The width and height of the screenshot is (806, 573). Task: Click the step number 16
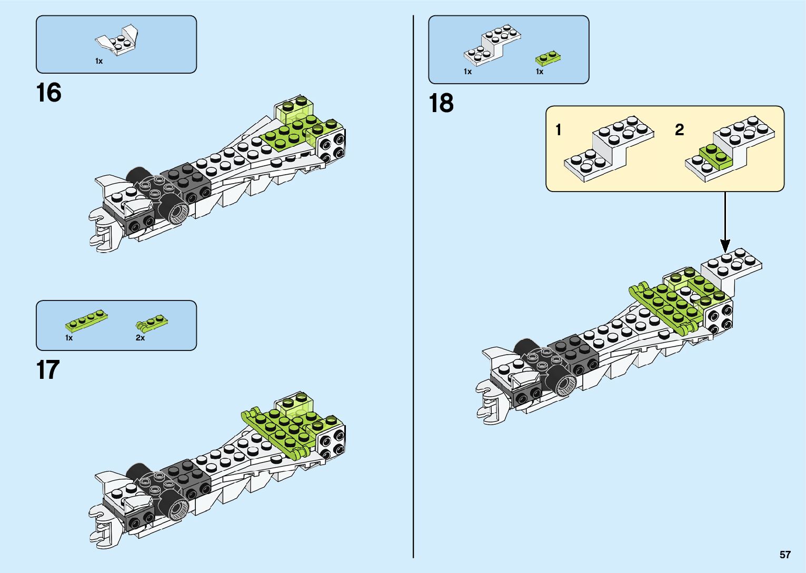click(48, 93)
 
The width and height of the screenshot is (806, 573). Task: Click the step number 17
click(47, 370)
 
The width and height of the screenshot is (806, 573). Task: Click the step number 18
click(441, 103)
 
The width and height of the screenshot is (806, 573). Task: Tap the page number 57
click(785, 555)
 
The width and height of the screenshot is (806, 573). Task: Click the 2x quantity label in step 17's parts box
click(140, 338)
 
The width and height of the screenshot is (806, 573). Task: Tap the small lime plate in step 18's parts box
click(548, 56)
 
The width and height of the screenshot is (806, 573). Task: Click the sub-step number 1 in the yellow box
click(559, 129)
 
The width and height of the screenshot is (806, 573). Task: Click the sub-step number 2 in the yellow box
click(679, 129)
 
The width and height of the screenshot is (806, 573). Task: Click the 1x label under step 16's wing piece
click(99, 61)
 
